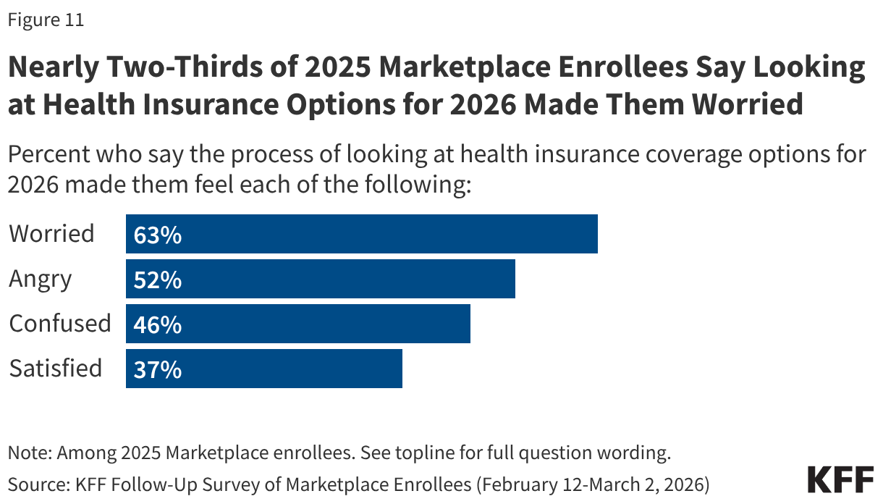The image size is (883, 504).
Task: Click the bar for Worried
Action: [362, 234]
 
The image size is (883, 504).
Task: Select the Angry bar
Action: [321, 279]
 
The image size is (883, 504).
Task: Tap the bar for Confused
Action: [298, 324]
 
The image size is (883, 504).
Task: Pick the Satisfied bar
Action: [264, 369]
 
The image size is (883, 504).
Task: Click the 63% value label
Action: [157, 235]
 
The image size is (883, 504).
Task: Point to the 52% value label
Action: [157, 280]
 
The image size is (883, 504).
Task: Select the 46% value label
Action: [157, 324]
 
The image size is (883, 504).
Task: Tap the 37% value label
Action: [157, 369]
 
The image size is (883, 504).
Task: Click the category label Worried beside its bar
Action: [51, 234]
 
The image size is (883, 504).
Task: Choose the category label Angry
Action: [41, 280]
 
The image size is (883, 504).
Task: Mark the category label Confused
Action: [60, 324]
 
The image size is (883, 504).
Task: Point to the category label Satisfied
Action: [55, 369]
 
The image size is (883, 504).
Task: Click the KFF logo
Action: [840, 480]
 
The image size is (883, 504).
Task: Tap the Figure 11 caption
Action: [46, 20]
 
